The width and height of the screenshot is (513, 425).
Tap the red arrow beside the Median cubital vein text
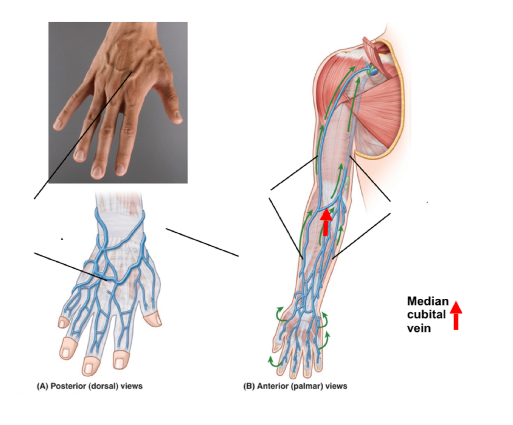click(456, 314)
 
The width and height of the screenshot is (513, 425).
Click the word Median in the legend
click(427, 301)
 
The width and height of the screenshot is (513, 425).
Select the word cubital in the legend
click(426, 315)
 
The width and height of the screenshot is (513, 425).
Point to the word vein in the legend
click(418, 328)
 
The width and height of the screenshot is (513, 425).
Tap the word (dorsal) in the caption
click(98, 386)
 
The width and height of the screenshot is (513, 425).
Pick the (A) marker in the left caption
click(42, 386)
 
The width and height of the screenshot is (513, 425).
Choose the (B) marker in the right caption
click(249, 386)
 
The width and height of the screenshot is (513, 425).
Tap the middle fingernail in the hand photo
click(97, 172)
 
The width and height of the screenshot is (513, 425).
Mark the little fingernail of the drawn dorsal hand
click(63, 322)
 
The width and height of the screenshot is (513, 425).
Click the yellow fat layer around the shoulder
click(398, 127)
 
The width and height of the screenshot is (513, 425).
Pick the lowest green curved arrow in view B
click(273, 363)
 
